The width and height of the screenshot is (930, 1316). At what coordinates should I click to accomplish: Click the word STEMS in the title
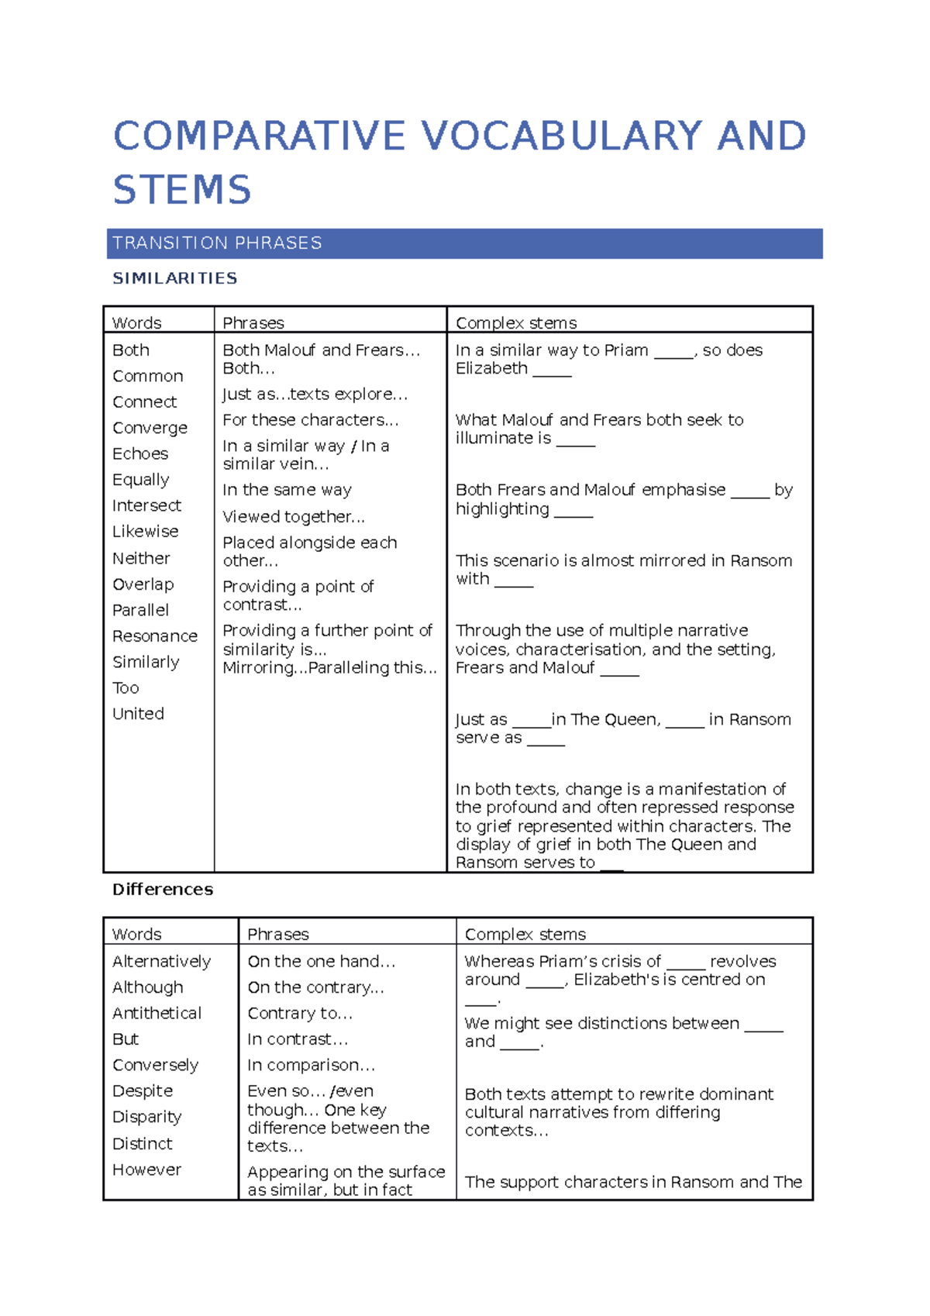point(182,191)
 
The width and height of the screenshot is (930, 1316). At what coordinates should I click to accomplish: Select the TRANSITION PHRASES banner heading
point(217,243)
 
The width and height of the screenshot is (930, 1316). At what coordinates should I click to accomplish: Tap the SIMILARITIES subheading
point(175,278)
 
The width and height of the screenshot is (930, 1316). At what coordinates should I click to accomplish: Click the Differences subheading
point(163,890)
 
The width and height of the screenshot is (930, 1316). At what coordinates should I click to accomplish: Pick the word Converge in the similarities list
point(150,428)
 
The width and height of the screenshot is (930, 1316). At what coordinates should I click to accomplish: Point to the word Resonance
point(155,636)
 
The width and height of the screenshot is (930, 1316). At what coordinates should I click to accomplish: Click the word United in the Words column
point(138,714)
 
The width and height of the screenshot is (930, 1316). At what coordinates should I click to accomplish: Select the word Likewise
point(145,532)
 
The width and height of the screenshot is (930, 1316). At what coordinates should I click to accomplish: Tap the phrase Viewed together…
point(294,517)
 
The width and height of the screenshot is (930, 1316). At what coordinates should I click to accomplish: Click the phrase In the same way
point(287,491)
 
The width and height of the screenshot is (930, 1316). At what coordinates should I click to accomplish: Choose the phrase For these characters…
point(310,420)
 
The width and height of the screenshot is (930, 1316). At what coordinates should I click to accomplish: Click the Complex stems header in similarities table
point(516,323)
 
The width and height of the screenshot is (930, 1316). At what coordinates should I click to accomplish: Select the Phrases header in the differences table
point(277,935)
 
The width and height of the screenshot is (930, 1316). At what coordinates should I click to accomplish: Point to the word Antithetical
point(157,1014)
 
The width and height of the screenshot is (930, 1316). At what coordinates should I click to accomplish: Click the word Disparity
point(146,1118)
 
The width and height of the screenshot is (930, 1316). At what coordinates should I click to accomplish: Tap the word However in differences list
point(146,1170)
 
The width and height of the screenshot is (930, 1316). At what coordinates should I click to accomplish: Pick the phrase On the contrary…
point(315,988)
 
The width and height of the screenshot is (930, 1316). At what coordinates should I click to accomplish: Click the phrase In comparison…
point(311,1066)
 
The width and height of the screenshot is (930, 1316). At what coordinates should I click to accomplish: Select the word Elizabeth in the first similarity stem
point(491,369)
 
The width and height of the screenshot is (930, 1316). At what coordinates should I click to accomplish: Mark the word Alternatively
point(161,962)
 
